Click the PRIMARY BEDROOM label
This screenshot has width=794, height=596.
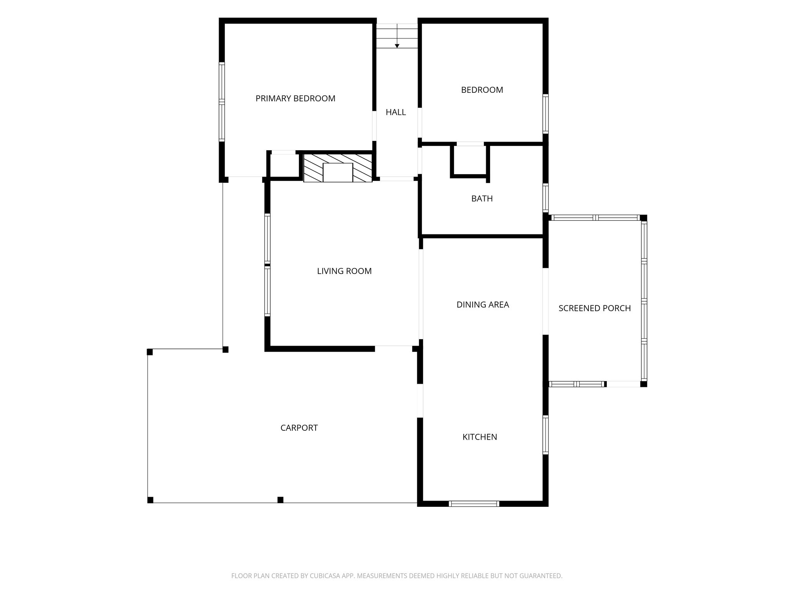coord(295,99)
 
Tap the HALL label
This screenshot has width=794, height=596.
coord(396,112)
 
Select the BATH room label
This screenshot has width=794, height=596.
coord(482,199)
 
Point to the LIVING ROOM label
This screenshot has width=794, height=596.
coord(344,271)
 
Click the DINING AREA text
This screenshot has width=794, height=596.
coord(483,305)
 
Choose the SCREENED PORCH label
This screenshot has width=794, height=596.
coord(595,308)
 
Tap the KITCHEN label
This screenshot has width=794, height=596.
coord(480,437)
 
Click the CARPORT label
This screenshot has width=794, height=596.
coord(299,428)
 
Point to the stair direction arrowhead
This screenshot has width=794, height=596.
coord(397,46)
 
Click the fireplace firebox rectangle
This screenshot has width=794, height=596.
coord(338,172)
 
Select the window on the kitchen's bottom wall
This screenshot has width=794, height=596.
coord(474,504)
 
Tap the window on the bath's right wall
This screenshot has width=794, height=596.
coord(545,198)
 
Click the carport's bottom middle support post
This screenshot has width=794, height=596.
coord(280,500)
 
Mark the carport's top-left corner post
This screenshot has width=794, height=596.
coord(150,352)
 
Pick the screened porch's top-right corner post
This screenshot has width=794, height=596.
coord(643,218)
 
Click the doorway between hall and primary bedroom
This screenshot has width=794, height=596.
coord(375,126)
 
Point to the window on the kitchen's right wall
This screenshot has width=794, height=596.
coord(545,435)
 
